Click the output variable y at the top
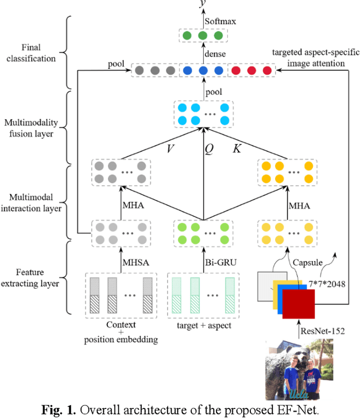202,5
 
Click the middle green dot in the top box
202,36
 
